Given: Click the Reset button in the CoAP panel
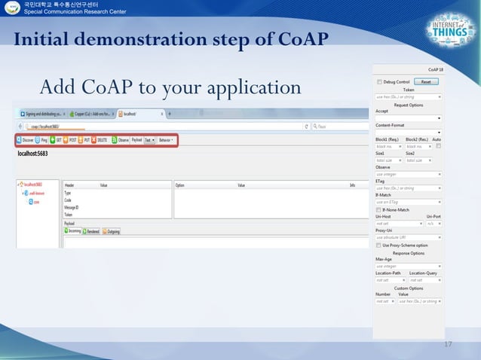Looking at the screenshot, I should (x=425, y=81).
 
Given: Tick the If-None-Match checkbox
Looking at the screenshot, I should (x=378, y=209).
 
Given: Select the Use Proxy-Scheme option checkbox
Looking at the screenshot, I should (x=378, y=245).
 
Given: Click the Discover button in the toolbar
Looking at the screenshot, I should (x=25, y=140).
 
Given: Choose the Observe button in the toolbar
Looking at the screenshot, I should (x=121, y=140).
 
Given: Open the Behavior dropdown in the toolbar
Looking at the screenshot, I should (x=166, y=140).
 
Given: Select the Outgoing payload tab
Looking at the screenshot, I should (x=111, y=231).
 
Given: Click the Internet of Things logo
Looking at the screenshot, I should (x=449, y=35).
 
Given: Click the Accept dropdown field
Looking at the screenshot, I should (x=408, y=118).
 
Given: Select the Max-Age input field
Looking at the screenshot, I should (x=408, y=266).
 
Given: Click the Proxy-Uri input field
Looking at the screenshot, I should (x=408, y=237).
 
